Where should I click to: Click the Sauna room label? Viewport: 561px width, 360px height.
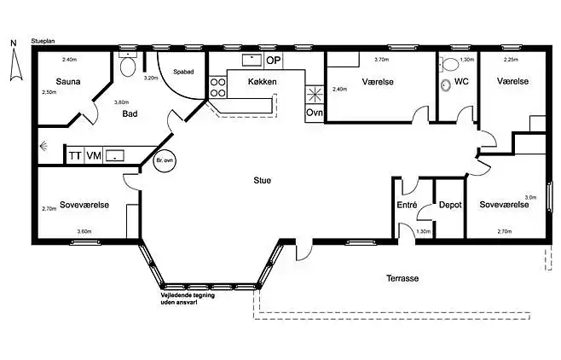68,82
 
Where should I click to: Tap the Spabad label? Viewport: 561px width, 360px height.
183,72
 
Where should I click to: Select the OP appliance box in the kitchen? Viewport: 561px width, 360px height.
274,61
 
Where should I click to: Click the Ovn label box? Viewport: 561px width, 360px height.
315,113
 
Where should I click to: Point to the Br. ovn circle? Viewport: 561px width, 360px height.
165,160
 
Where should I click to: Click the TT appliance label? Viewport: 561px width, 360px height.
75,155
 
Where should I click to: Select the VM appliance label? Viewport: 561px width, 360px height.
94,155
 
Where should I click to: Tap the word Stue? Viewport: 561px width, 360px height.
263,180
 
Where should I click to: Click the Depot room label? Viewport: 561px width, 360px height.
450,205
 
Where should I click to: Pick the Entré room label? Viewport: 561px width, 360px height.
407,205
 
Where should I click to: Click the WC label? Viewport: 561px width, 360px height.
461,82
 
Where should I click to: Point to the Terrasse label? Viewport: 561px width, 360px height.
402,278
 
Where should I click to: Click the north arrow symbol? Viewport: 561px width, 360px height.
15,65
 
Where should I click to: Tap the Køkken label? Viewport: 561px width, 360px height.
263,82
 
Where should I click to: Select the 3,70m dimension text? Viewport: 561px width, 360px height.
381,60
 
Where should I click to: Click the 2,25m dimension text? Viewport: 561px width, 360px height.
511,60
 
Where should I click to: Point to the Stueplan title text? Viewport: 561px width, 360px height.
43,41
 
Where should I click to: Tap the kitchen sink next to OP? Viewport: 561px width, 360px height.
252,60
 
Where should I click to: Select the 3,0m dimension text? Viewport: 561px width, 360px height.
530,197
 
